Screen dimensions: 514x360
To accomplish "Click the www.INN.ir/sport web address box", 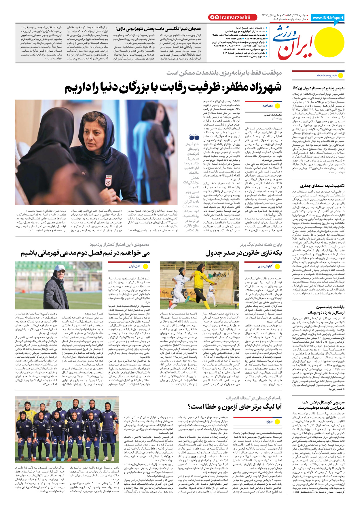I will click(328, 18).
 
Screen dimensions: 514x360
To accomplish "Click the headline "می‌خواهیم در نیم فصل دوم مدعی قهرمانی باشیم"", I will click(85, 253).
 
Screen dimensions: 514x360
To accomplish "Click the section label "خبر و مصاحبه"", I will click(327, 75).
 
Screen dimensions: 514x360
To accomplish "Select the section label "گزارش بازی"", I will click(265, 266).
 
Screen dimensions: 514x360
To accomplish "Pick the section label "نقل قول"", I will click(134, 266).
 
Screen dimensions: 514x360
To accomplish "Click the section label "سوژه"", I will click(269, 422).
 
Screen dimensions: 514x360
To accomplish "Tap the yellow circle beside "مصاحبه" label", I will click(278, 106).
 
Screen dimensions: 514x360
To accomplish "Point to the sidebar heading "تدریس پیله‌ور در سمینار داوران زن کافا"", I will click(319, 88).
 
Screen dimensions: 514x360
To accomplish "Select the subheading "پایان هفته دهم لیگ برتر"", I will click(261, 244).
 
